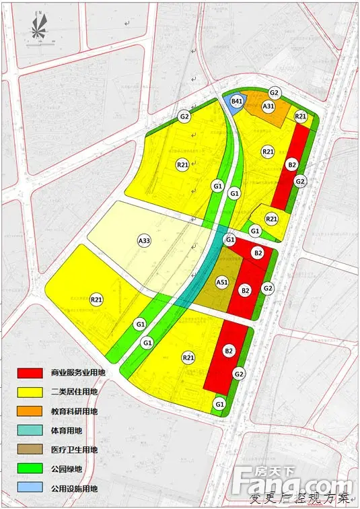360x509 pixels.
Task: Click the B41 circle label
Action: click(236, 102)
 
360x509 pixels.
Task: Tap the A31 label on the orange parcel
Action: click(268, 106)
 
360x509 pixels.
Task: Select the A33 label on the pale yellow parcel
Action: click(143, 240)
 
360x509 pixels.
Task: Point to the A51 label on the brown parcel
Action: click(223, 283)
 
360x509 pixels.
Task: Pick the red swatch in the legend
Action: click(32, 372)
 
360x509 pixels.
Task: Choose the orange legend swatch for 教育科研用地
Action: click(32, 411)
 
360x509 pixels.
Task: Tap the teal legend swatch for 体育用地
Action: click(32, 430)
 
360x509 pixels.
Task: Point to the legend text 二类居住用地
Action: click(74, 392)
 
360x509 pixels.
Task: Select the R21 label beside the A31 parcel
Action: click(301, 116)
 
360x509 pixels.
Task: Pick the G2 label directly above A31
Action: click(274, 92)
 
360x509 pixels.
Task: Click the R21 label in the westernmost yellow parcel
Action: click(96, 300)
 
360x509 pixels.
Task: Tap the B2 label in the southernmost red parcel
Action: click(228, 351)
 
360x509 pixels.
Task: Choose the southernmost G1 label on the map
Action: click(219, 403)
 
